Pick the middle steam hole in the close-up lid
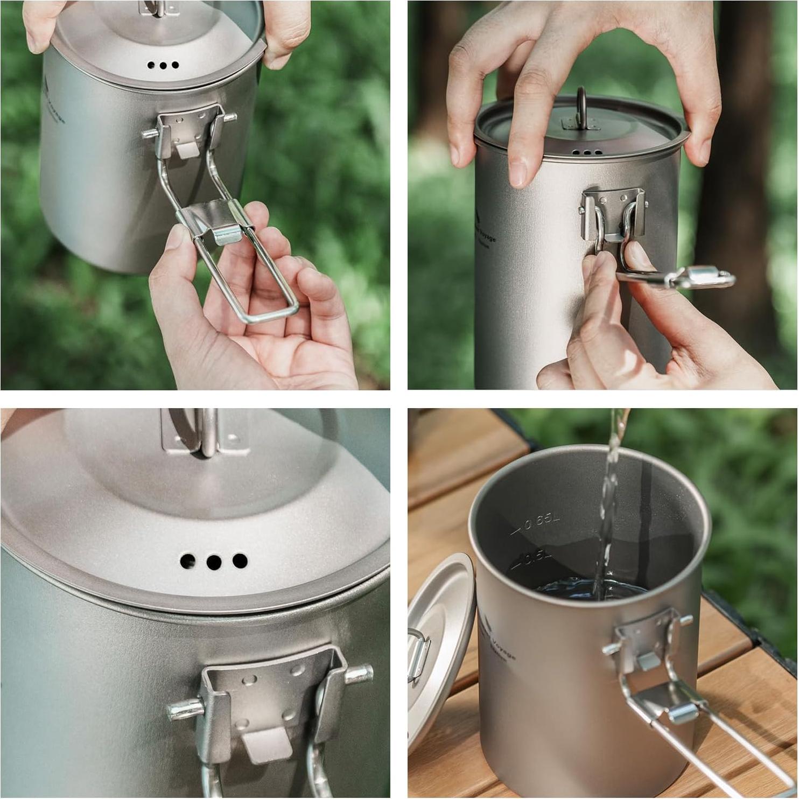point(214,562)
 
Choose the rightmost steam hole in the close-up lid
point(239,560)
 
